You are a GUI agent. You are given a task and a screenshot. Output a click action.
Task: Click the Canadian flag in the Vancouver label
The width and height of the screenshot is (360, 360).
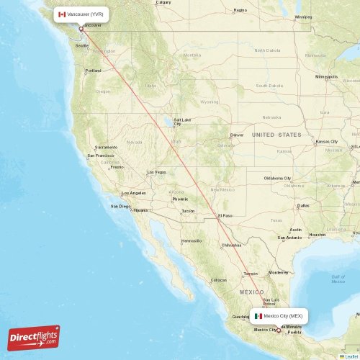[62, 14]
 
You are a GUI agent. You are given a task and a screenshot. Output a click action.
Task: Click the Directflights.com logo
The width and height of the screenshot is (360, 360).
[34, 338]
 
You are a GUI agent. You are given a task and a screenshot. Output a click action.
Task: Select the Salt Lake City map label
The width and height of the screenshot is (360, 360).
[181, 121]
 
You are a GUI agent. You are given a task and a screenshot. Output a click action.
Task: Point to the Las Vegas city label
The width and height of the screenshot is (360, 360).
[156, 172]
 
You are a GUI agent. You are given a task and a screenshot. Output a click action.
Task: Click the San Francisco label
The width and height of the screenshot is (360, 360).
[101, 156]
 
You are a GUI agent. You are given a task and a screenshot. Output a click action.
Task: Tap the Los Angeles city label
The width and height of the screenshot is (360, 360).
[134, 193]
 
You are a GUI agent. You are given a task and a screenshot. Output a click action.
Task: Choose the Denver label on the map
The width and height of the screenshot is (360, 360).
[237, 135]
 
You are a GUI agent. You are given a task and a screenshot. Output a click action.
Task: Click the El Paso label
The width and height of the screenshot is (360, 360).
[225, 215]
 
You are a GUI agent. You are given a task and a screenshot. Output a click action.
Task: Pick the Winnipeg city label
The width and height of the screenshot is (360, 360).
[303, 16]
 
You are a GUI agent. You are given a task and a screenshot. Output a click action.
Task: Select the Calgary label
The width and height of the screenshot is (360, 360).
[163, 2]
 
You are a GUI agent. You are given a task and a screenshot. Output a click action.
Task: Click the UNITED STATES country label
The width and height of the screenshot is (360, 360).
[277, 135]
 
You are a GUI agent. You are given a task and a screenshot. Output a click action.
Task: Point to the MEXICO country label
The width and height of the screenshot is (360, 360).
[251, 292]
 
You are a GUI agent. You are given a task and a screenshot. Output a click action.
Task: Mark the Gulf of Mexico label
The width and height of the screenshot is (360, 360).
[338, 279]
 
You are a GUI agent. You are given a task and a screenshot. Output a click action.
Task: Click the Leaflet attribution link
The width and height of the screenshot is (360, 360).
[351, 356]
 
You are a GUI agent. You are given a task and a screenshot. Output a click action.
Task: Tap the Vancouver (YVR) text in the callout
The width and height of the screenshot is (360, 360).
[86, 14]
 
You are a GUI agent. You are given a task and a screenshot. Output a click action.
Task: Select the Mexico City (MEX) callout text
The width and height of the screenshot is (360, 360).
[283, 315]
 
